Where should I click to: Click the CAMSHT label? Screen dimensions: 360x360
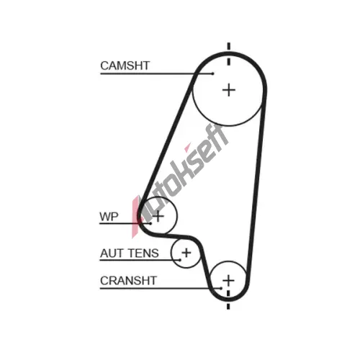pos(125,66)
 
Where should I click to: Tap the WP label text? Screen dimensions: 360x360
pos(109,217)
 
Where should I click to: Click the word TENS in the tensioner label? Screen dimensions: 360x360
pos(143,253)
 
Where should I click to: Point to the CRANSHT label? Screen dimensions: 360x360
pos(128,281)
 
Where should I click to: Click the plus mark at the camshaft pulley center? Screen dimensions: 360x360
pos(229,90)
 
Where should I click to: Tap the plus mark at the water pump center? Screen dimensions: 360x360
pos(158,216)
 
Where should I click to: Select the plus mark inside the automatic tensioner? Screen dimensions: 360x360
pos(186,253)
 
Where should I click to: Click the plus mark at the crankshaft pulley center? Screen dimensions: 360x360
pos(228,280)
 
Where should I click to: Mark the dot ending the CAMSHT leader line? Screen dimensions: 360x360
pos(212,73)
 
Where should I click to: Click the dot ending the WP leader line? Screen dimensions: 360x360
pos(150,223)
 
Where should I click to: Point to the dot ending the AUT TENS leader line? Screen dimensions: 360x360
pos(180,260)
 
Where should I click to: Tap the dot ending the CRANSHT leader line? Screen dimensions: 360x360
pos(221,288)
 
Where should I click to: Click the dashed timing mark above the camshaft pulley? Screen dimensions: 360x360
pos(229,54)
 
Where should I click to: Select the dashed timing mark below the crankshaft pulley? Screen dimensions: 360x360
pos(228,300)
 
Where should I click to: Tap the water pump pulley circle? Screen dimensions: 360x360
pos(177,216)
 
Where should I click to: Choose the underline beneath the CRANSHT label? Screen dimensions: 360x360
pos(161,288)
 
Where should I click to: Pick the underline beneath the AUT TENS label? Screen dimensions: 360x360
pos(140,260)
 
